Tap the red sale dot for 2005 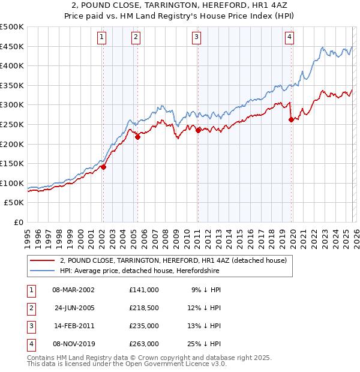coord(137,137)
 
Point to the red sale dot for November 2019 coord(291,119)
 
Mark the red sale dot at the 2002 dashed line coord(103,167)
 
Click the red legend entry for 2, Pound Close coord(173,260)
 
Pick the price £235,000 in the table coord(143,326)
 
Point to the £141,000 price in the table coord(143,289)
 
